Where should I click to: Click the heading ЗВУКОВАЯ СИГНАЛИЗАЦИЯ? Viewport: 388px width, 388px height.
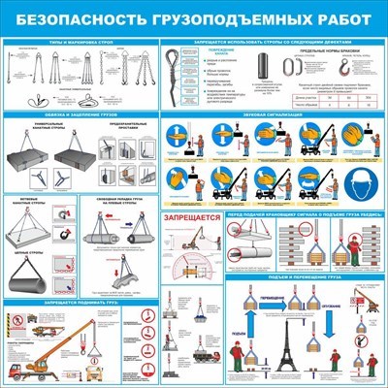click(x=272, y=113)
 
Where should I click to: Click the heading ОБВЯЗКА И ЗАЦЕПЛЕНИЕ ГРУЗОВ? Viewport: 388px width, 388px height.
click(x=80, y=113)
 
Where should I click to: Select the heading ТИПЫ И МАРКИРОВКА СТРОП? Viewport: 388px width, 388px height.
click(x=80, y=44)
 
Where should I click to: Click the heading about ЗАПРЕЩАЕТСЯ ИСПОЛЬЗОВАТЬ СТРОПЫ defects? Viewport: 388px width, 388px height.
click(x=272, y=44)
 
